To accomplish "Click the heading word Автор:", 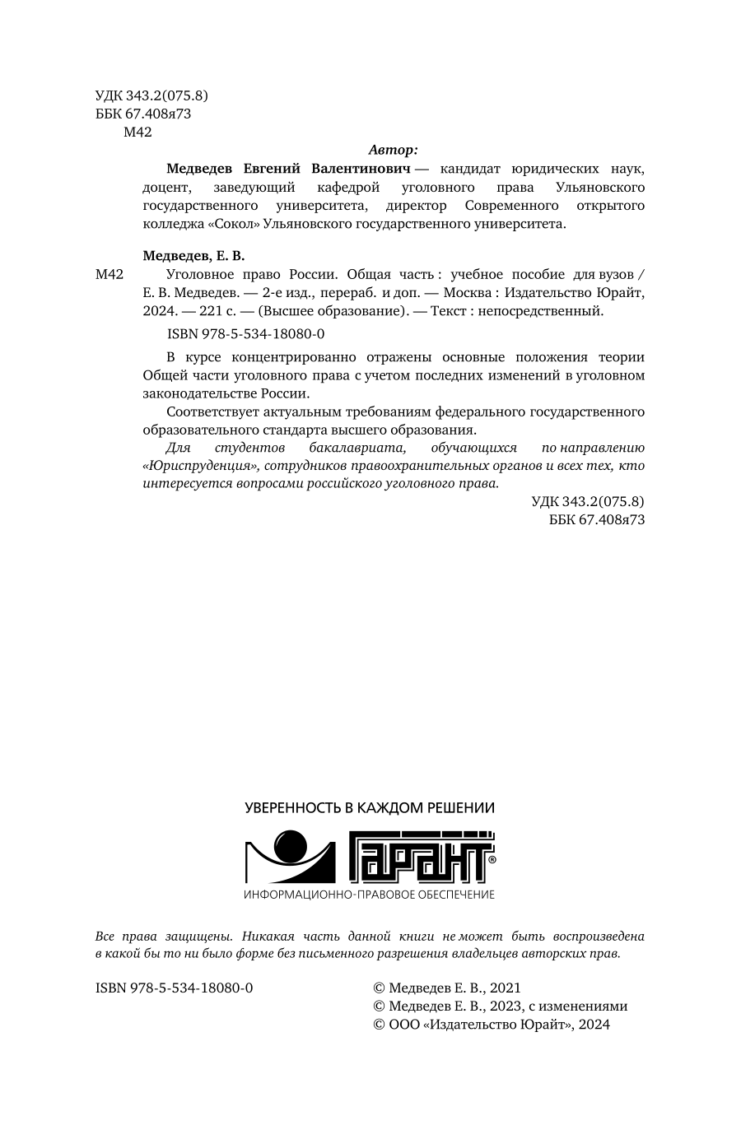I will click(x=392, y=150).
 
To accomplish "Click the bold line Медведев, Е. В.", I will click(x=194, y=256).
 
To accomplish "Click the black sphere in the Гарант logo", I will click(x=290, y=848).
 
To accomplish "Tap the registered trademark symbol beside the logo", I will click(x=492, y=858).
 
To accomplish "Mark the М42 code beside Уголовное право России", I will click(x=110, y=275).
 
